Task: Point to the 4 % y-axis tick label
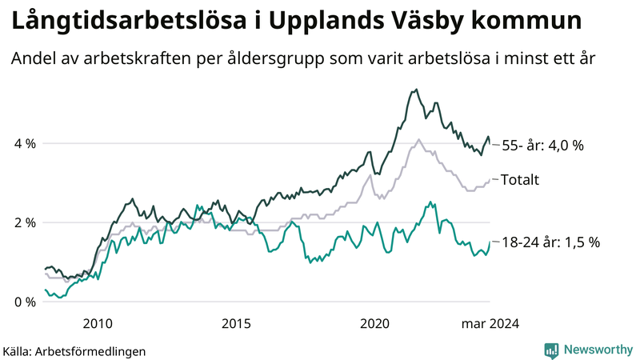point(25,144)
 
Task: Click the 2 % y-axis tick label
point(25,222)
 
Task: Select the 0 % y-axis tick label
point(25,302)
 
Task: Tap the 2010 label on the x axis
point(97,324)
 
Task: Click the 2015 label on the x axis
point(236,324)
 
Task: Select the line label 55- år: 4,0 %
point(542,146)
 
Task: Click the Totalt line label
point(520,180)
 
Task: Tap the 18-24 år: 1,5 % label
point(550,242)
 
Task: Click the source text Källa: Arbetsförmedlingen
point(74,350)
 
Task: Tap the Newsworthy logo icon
point(551,350)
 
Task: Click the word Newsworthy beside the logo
point(598,350)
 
